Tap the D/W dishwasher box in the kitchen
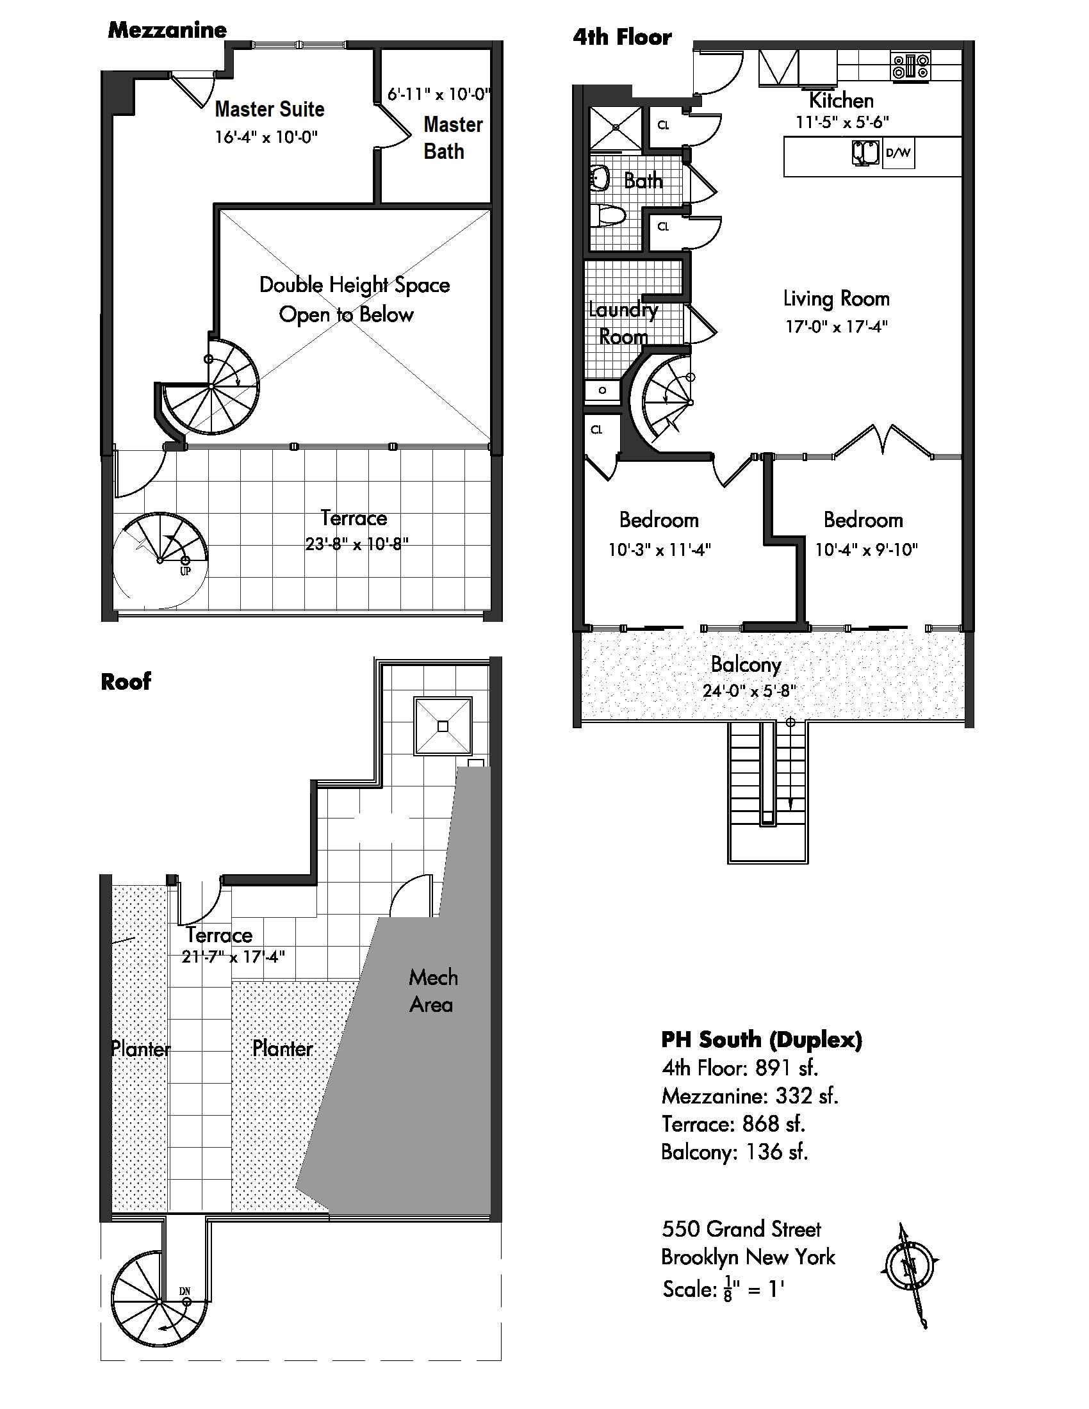tap(898, 154)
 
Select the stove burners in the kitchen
tap(911, 67)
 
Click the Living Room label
tap(836, 298)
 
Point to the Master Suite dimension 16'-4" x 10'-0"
tap(266, 137)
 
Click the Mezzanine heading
tap(167, 29)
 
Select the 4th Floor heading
tap(622, 37)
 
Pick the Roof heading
tap(126, 681)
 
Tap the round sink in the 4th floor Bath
tap(601, 177)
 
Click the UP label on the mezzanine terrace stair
tap(185, 571)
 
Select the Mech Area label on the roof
tap(432, 991)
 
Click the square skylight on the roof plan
tap(443, 726)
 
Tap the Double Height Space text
tap(354, 285)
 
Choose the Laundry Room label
tap(623, 323)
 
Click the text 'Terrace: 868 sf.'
tap(733, 1124)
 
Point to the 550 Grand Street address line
tap(741, 1229)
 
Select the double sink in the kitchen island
tap(866, 153)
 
